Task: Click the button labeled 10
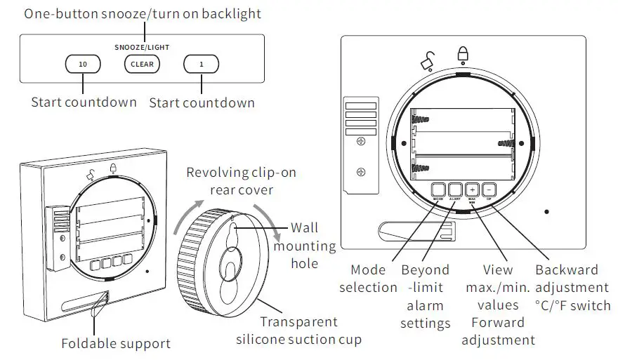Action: pos(83,65)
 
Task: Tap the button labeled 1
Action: pos(201,65)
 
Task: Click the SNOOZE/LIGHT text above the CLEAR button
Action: pos(142,48)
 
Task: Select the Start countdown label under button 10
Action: pos(84,102)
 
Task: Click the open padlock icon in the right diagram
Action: pos(427,62)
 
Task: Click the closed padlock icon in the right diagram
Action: pos(463,54)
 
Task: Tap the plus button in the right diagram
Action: pos(472,189)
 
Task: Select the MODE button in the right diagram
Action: pos(439,189)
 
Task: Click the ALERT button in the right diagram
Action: pos(455,189)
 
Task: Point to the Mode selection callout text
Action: pos(368,279)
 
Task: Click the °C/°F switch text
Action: pos(572,305)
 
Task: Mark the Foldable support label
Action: pos(116,344)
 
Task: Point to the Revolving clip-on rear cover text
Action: pos(237,181)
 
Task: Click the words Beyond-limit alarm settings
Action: pos(425,296)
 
